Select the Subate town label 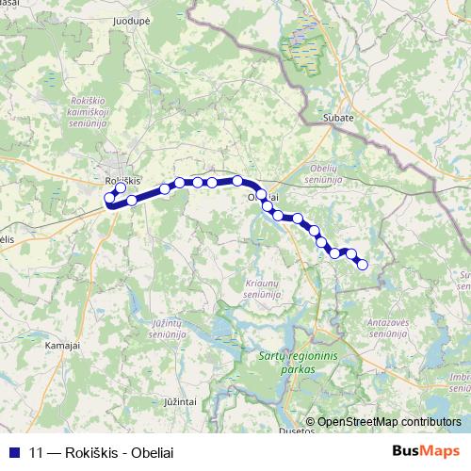coord(338,118)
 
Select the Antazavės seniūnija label coord(386,328)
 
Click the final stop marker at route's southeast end coord(363,265)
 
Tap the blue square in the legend coord(13,451)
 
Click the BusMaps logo coord(427,451)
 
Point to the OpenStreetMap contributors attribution coord(389,422)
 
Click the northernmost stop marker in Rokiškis coord(121,188)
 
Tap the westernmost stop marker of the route coord(108,198)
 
